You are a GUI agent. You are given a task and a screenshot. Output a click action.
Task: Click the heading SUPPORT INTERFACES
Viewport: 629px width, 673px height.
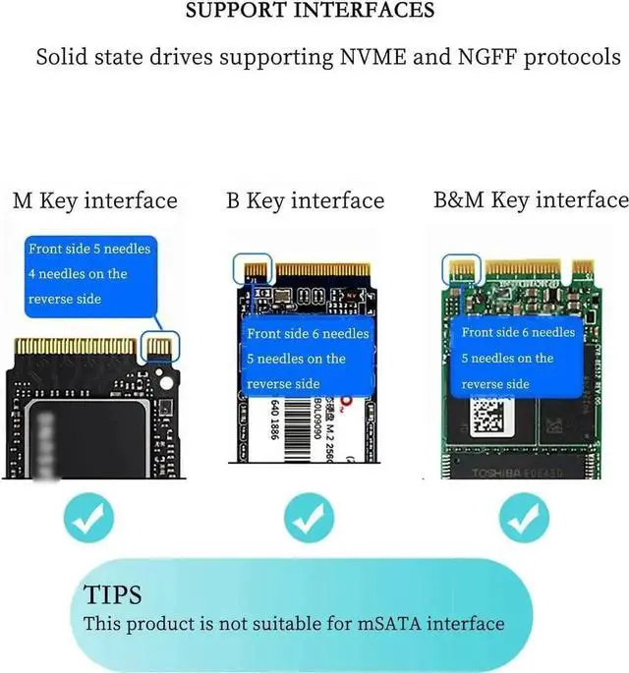310,12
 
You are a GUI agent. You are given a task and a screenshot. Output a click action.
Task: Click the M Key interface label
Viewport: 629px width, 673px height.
94,201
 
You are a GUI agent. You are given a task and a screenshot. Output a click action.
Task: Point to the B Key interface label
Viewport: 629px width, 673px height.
305,201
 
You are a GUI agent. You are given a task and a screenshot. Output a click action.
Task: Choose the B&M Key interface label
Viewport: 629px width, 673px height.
531,201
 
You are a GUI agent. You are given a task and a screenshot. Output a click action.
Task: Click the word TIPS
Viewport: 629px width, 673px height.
112,595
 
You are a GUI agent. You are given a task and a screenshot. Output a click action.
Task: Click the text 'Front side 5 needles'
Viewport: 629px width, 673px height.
89,249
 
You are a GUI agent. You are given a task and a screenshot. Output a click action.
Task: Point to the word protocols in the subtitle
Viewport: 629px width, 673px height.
573,56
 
